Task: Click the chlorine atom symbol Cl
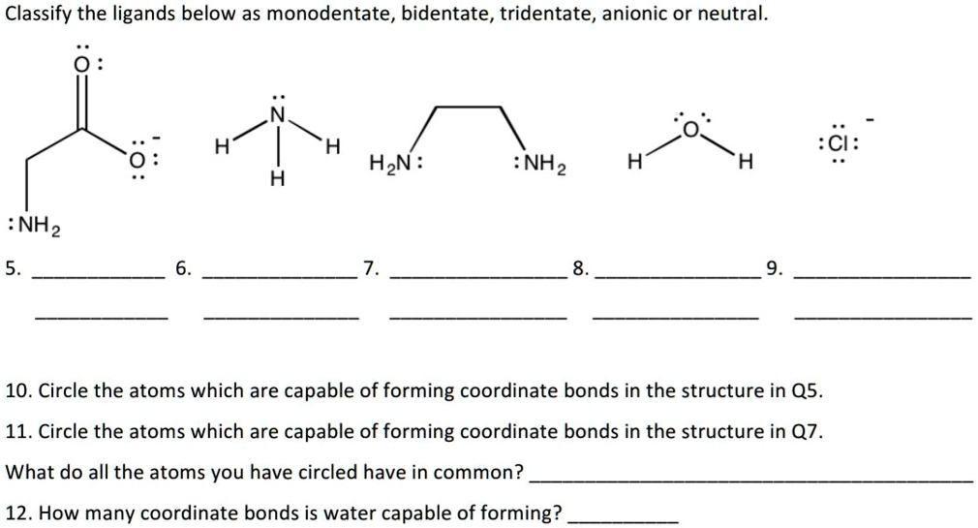point(839,144)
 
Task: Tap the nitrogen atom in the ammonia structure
point(278,114)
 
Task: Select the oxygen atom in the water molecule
point(691,129)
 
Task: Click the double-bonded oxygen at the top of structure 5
point(79,65)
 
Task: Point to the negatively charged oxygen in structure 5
point(136,160)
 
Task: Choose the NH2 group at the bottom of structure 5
point(40,227)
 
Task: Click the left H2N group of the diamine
point(389,164)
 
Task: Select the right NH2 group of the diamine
point(544,165)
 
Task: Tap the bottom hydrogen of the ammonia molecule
point(278,178)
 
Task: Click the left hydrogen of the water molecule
point(634,162)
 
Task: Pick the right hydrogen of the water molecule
point(746,162)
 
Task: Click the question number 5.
point(13,268)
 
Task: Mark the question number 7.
point(371,268)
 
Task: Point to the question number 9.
point(774,268)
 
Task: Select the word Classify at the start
point(38,14)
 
